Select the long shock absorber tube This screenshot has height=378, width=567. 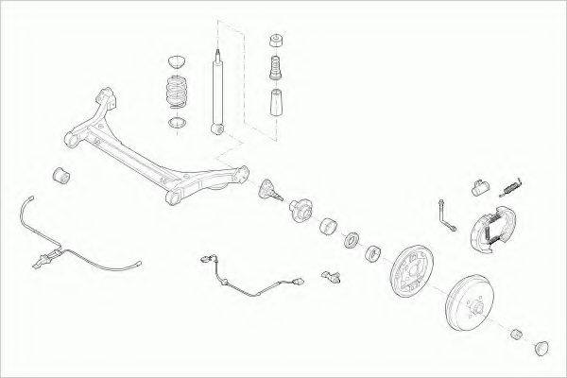pyautogui.click(x=218, y=90)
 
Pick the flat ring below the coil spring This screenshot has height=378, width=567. pyautogui.click(x=176, y=122)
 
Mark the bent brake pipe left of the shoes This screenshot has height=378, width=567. pyautogui.click(x=445, y=213)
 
